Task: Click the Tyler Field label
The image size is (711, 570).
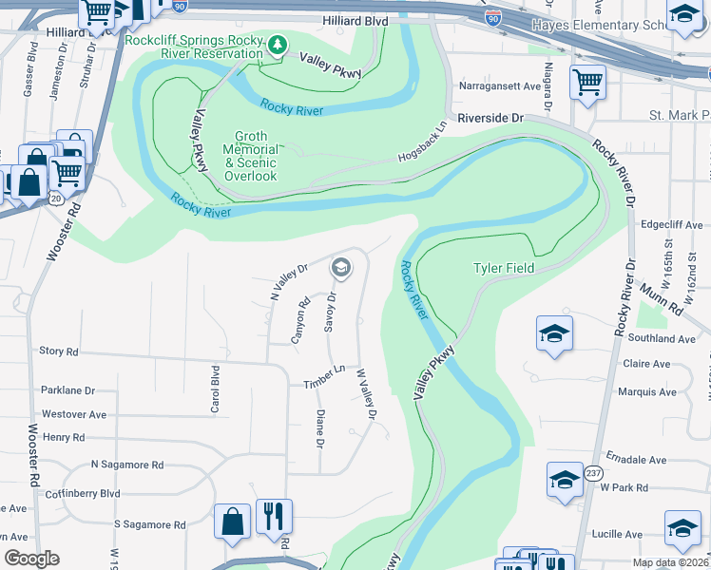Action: pos(504,269)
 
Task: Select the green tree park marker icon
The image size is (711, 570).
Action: pos(278,45)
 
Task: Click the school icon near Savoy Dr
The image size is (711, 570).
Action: pos(340,269)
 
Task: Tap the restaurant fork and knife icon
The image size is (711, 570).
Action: pos(274,517)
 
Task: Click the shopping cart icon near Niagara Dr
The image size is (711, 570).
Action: pos(587,82)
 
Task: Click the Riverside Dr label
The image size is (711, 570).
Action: pos(490,119)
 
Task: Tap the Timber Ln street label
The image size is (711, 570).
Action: pos(324,376)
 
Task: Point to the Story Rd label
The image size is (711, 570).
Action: pos(59,351)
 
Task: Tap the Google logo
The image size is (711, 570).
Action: pos(32,559)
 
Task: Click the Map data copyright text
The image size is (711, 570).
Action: pos(670,562)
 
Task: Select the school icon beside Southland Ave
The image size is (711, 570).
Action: pos(554,334)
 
